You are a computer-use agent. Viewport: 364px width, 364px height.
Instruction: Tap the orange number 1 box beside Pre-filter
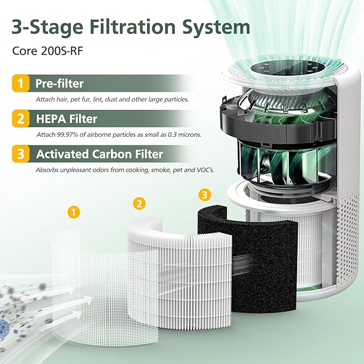pos(21,84)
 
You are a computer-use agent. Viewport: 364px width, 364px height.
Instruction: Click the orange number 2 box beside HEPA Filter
pos(21,118)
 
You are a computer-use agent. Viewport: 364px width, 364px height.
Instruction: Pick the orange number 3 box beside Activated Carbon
pos(21,154)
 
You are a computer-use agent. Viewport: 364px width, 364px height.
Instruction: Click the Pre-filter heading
pos(60,84)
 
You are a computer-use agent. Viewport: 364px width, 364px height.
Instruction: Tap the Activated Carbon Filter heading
pos(99,154)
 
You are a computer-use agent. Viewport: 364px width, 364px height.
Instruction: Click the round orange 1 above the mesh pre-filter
pos(74,212)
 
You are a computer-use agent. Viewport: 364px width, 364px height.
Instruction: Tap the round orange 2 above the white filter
pos(139,203)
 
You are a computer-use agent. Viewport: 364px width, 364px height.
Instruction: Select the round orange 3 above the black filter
pos(205,193)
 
